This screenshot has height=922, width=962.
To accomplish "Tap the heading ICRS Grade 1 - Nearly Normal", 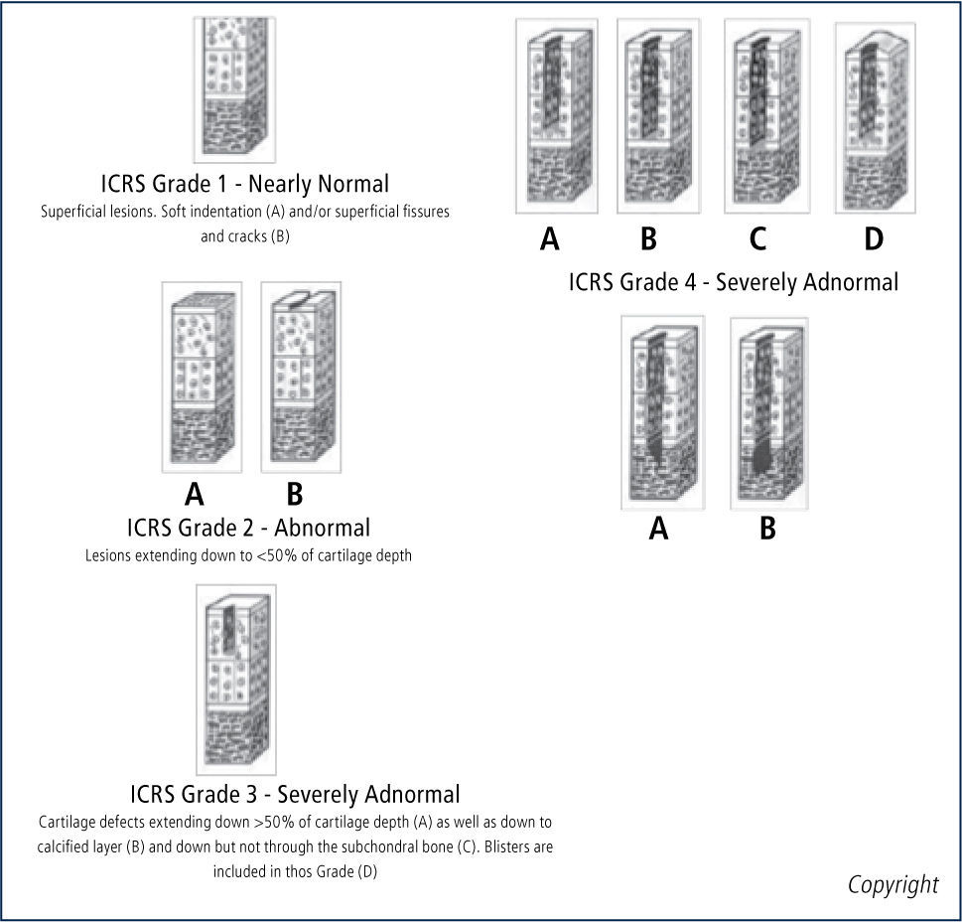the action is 244,184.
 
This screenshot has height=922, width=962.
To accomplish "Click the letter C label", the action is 757,238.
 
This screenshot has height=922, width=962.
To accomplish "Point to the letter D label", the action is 873,238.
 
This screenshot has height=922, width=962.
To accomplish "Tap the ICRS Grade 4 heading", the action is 733,281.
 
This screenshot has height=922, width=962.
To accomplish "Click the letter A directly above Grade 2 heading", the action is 195,494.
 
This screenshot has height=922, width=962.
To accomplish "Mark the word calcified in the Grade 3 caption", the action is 71,847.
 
